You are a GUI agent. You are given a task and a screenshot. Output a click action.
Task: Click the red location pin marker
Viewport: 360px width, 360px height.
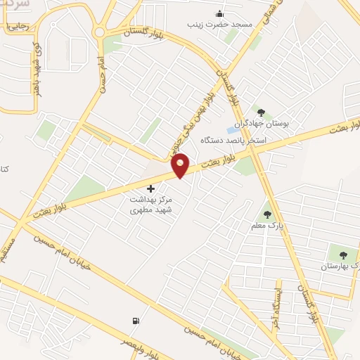tap(181, 165)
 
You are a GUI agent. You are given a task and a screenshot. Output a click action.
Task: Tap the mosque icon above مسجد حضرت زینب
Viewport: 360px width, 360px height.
tap(219, 13)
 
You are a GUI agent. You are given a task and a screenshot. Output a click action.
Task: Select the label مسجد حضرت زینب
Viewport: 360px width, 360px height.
tap(219, 25)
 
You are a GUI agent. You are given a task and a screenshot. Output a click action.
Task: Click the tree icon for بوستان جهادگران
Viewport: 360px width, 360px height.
tap(261, 112)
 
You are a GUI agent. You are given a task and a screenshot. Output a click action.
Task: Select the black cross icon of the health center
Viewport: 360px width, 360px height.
tap(150, 188)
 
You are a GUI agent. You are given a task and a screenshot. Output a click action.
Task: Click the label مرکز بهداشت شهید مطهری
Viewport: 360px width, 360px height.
tap(152, 205)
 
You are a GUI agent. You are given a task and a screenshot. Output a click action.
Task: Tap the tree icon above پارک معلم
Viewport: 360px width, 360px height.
tap(267, 214)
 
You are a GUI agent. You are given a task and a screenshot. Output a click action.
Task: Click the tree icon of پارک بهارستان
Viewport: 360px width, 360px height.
tap(343, 255)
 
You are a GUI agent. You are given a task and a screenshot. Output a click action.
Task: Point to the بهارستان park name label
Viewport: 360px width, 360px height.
tap(340, 266)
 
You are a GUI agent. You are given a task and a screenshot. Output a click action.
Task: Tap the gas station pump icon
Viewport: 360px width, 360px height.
tap(135, 321)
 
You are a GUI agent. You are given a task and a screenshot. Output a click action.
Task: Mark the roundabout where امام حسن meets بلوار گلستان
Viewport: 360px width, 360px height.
tap(99, 32)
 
